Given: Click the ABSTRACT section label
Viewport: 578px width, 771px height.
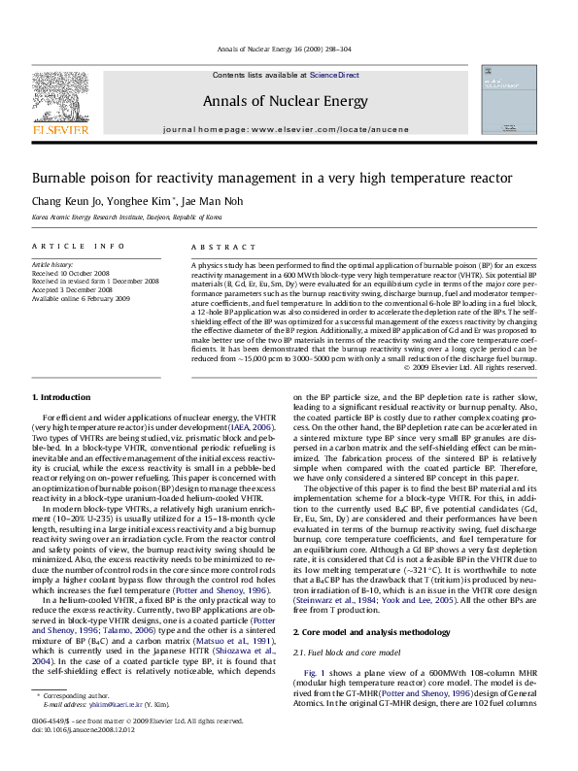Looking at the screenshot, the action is (211, 248).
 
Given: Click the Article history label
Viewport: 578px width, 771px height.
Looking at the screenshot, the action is (53, 263).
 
